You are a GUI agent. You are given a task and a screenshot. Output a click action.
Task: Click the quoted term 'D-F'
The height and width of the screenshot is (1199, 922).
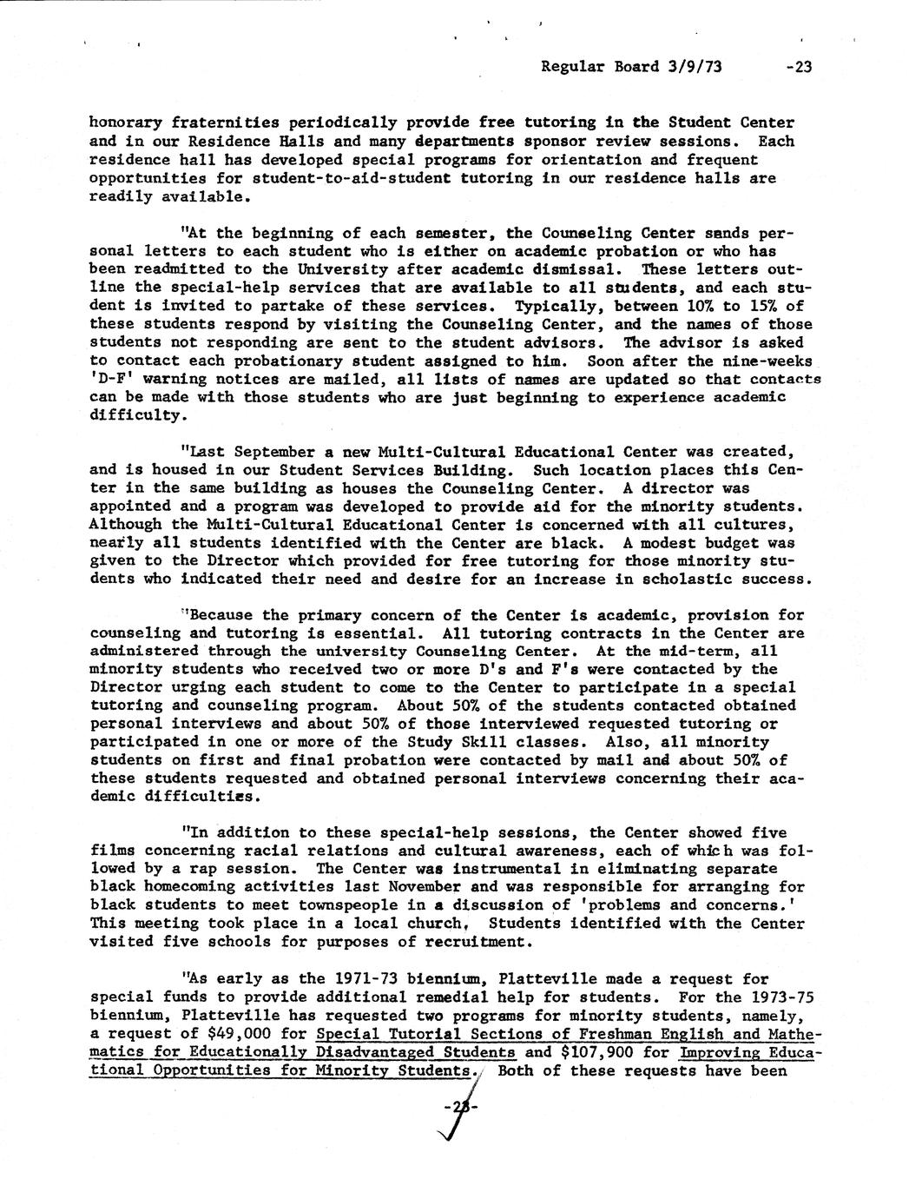click(111, 379)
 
